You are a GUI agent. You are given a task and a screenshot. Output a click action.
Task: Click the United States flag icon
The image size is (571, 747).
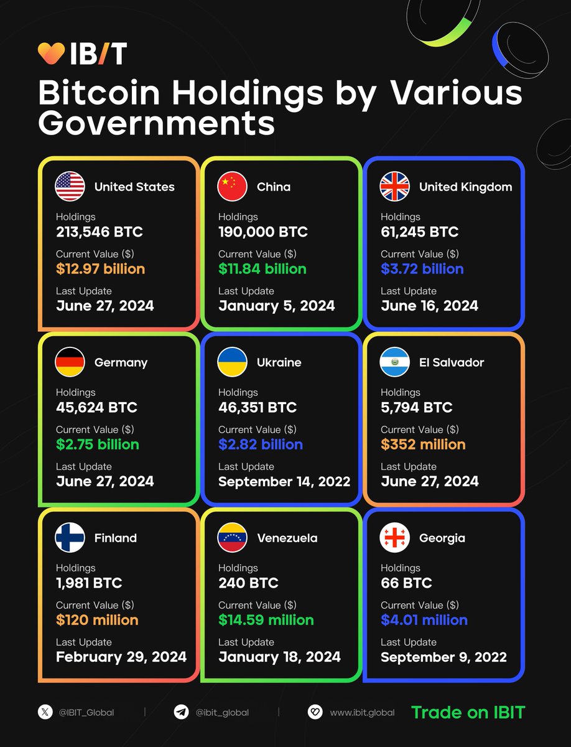[x=70, y=187]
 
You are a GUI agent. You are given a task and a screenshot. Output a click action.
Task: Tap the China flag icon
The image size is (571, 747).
[x=232, y=187]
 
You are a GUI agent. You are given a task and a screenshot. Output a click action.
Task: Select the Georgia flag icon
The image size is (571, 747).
[x=394, y=538]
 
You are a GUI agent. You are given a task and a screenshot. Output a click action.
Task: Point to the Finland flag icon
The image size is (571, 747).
[x=70, y=538]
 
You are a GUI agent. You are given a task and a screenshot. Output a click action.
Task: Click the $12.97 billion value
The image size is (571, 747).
[x=100, y=269]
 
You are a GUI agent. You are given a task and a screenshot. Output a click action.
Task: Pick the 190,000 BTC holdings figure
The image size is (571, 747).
[x=262, y=232]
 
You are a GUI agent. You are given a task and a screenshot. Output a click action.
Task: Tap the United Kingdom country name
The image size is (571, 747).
[x=465, y=187]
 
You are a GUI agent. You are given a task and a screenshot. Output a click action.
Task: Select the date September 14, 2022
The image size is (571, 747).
[x=284, y=481]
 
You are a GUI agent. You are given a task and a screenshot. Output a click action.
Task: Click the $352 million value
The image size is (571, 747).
[x=423, y=444]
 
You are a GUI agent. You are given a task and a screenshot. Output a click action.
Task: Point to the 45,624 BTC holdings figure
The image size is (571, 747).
[x=96, y=408]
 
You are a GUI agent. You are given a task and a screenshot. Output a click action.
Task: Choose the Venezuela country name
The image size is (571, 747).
[x=287, y=538]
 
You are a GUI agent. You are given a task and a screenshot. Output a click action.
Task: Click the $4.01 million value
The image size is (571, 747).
[x=424, y=620]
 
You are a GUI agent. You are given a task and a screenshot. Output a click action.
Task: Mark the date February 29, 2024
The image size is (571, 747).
[x=121, y=657]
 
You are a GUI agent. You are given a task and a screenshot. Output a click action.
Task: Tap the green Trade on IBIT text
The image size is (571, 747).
[x=468, y=712]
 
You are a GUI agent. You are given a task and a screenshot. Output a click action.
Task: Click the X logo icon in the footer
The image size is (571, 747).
[x=45, y=713]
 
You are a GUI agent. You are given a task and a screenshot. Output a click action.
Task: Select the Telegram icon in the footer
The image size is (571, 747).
[x=181, y=713]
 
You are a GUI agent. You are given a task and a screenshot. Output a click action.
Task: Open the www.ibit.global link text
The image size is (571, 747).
[x=362, y=713]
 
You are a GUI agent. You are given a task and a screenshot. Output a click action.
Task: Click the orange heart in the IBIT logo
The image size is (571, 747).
[x=51, y=54]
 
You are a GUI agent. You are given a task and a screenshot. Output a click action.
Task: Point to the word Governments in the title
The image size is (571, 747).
[x=156, y=123]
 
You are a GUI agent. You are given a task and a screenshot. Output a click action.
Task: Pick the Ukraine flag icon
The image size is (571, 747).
[x=232, y=362]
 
